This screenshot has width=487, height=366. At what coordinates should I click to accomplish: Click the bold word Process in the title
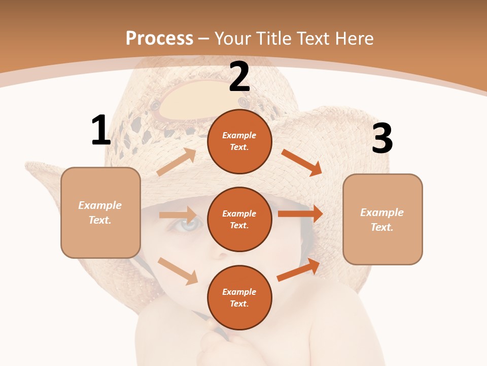[x=159, y=38]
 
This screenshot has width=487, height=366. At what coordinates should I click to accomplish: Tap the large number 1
[x=101, y=131]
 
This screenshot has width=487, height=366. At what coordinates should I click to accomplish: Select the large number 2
[x=239, y=77]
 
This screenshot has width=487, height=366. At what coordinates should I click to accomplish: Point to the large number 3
[x=382, y=139]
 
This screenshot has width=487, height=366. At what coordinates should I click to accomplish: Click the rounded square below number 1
[x=100, y=212]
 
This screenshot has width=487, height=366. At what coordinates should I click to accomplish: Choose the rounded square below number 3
[x=382, y=219]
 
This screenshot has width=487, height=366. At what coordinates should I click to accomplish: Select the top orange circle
[x=239, y=141]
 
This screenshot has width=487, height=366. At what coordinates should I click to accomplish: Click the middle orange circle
[x=239, y=219]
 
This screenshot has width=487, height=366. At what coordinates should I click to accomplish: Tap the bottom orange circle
[x=239, y=297]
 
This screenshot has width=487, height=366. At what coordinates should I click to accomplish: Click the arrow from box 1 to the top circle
[x=177, y=162]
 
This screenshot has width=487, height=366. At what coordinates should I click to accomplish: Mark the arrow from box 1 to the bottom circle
[x=178, y=270]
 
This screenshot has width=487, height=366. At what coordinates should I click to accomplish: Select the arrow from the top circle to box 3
[x=302, y=162]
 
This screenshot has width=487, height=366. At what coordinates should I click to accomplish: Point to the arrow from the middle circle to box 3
[x=300, y=213]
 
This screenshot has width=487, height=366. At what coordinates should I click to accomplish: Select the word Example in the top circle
[x=239, y=136]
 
